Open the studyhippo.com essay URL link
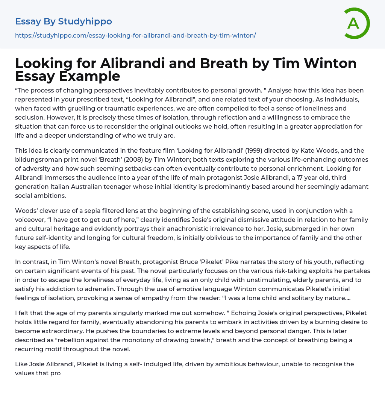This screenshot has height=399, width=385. (x=135, y=35)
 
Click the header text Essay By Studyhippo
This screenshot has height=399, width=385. (x=64, y=21)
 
